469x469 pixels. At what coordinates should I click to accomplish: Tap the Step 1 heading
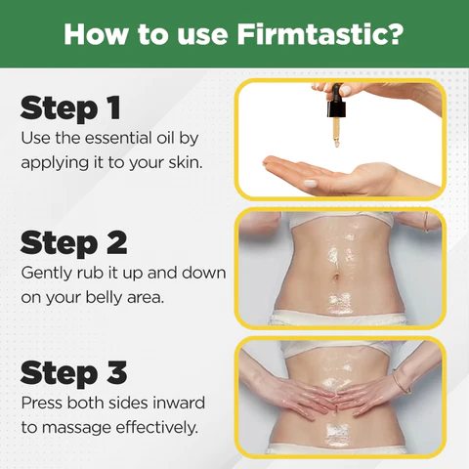(x=70, y=107)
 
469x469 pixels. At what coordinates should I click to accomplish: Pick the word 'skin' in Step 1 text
(x=183, y=161)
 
